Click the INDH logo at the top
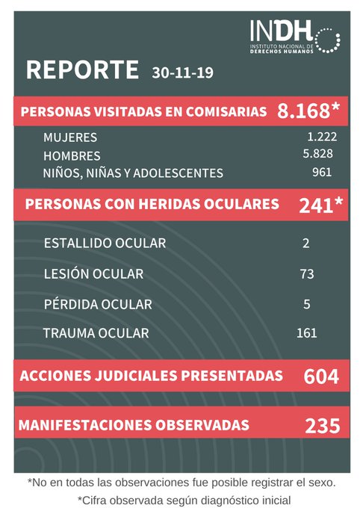(296, 37)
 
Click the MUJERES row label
(70, 138)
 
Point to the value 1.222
(322, 137)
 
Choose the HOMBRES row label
(72, 156)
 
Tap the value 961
(322, 173)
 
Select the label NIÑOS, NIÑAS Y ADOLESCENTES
(133, 173)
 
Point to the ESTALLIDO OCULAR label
(105, 244)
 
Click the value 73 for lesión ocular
(306, 274)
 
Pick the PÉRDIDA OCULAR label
(98, 304)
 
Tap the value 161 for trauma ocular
(306, 333)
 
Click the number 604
(321, 377)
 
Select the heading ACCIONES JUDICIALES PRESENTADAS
(152, 375)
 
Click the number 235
(322, 426)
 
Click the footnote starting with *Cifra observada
(184, 499)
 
